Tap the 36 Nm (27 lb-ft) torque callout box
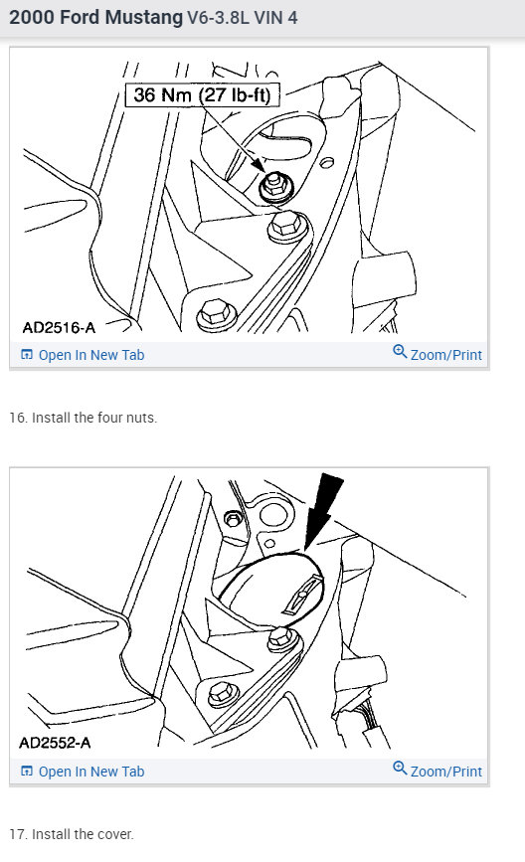pyautogui.click(x=203, y=95)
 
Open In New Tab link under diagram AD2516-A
pyautogui.click(x=90, y=355)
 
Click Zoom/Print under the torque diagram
pyautogui.click(x=445, y=355)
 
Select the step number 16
pyautogui.click(x=17, y=418)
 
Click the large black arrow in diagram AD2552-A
pyautogui.click(x=321, y=508)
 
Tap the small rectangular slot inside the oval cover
pyautogui.click(x=300, y=600)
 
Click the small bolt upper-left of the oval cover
pyautogui.click(x=234, y=517)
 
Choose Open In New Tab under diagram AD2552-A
pyautogui.click(x=90, y=772)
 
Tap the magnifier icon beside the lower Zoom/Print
pyautogui.click(x=400, y=769)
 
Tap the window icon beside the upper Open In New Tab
pyautogui.click(x=27, y=355)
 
